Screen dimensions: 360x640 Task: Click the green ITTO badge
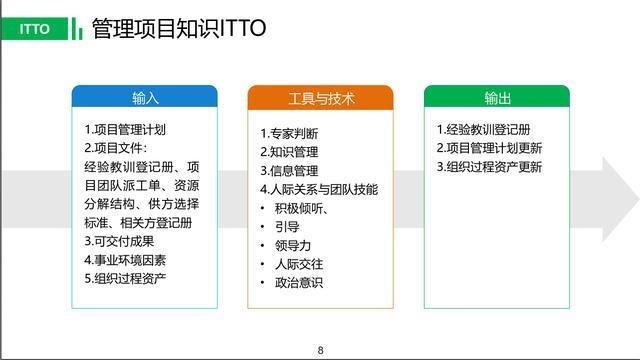pos(35,28)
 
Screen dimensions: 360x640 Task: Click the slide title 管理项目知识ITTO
pos(179,28)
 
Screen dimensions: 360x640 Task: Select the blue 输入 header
pos(145,98)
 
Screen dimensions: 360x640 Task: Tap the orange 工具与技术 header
pos(321,98)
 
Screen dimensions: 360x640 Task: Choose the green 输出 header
pos(497,98)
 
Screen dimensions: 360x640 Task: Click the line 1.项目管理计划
pos(125,130)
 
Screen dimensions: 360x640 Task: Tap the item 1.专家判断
pos(290,134)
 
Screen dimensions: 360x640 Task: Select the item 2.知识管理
pos(290,152)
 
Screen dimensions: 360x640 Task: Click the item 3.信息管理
pos(290,171)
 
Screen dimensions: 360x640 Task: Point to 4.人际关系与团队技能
pos(319,189)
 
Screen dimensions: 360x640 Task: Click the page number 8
pos(320,349)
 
